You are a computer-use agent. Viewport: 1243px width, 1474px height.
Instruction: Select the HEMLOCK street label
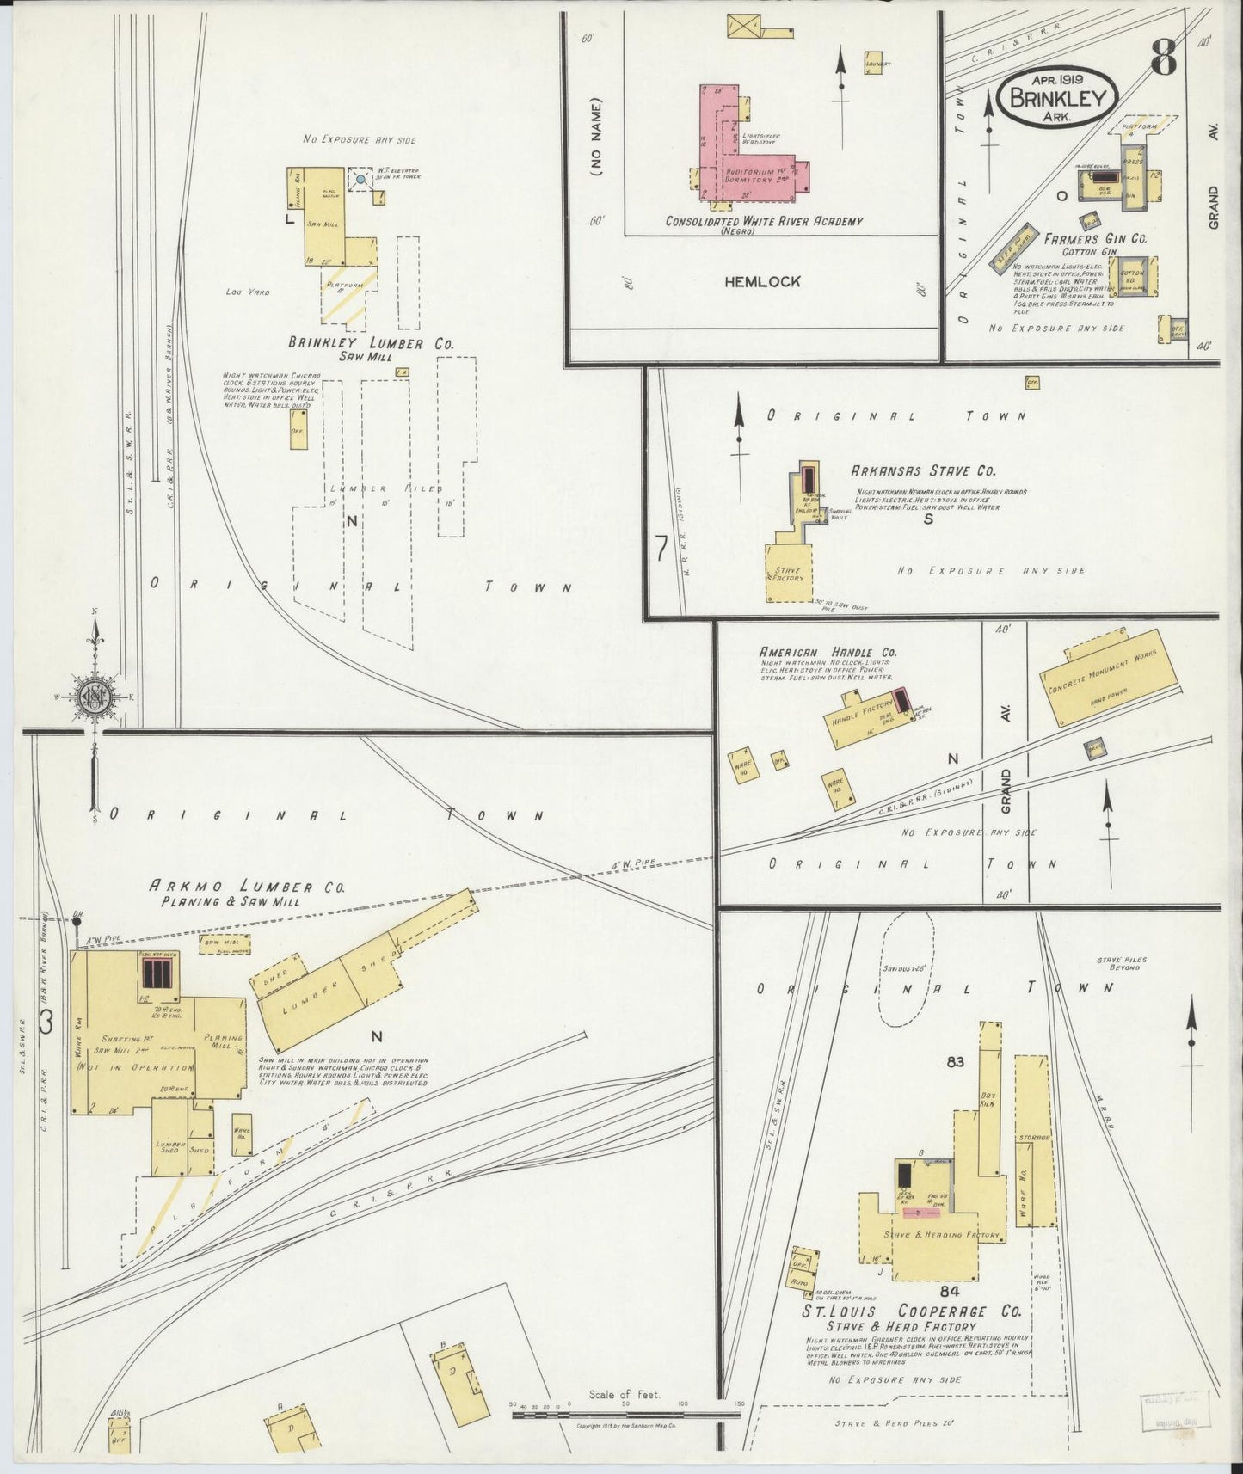coord(761,281)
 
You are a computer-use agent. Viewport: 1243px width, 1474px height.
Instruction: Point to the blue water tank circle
coord(360,180)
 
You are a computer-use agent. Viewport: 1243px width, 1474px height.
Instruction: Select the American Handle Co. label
coord(815,653)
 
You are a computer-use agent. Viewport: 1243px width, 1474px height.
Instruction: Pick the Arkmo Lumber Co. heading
coord(247,887)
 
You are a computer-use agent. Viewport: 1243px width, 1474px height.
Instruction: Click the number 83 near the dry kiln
coord(955,1062)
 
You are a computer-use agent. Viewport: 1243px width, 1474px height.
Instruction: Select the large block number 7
coord(661,550)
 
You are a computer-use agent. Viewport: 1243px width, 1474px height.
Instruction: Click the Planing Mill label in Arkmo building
coord(223,1042)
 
